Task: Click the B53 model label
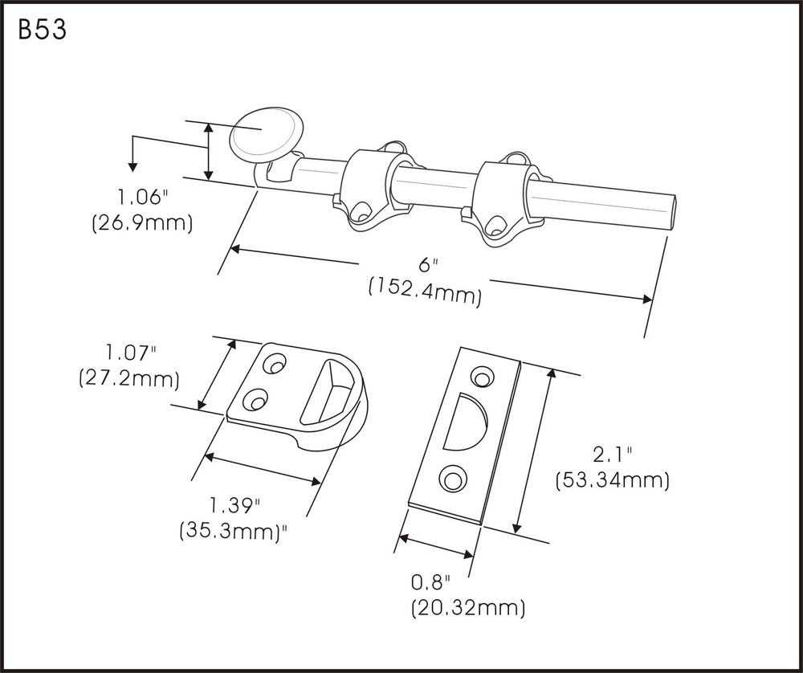(x=40, y=30)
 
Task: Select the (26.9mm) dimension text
(x=143, y=222)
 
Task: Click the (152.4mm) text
(x=425, y=293)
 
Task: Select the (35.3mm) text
(x=234, y=531)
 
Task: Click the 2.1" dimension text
(x=612, y=455)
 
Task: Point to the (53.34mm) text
(x=612, y=479)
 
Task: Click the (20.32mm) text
(x=467, y=608)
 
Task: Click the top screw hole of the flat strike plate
(x=483, y=376)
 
